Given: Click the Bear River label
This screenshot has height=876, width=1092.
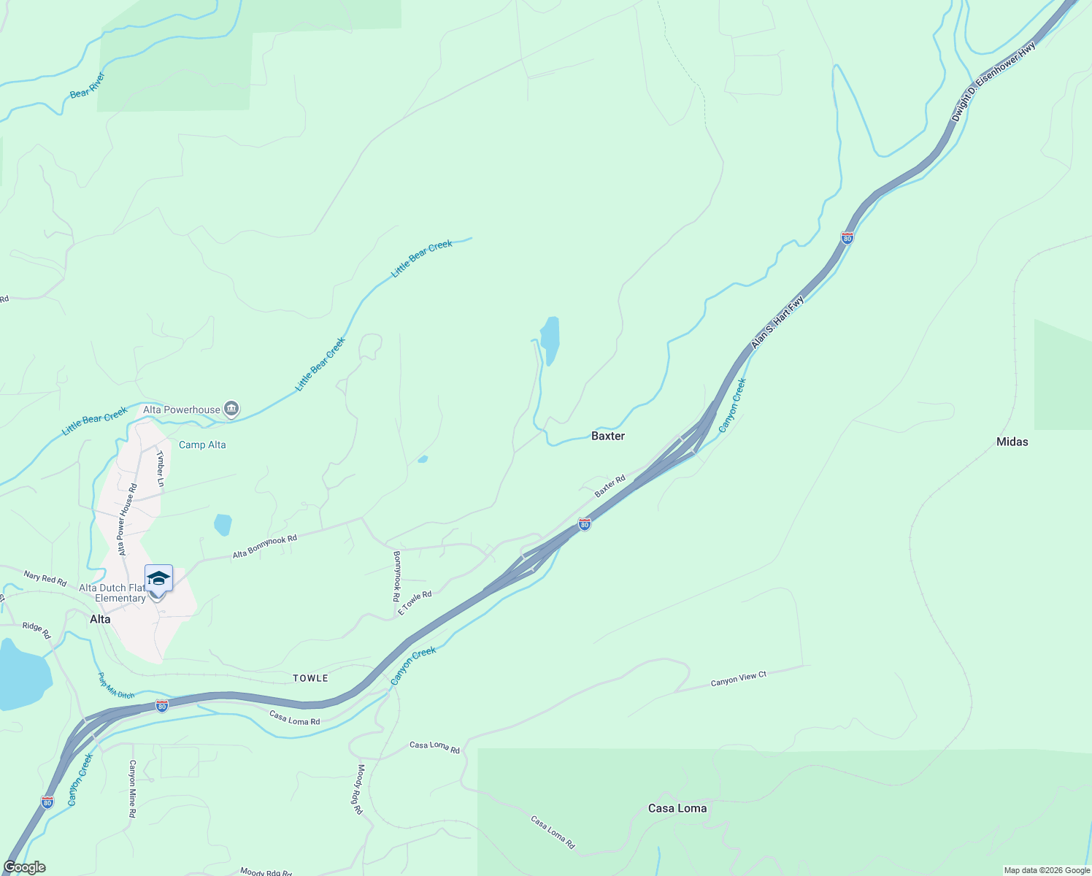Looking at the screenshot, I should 88,85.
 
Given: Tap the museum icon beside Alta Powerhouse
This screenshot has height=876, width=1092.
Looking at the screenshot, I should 231,409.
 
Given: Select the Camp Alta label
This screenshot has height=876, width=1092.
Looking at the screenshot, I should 202,445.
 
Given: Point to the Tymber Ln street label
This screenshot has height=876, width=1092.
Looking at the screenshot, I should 160,469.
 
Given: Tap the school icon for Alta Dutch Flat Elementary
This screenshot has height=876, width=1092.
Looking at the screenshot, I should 158,579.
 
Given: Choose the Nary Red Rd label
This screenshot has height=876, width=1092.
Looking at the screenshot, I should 45,579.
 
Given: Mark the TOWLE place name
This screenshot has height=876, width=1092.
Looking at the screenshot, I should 310,678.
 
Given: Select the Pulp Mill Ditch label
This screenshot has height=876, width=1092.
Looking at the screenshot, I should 116,685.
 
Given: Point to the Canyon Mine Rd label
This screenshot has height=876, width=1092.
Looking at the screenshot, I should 132,788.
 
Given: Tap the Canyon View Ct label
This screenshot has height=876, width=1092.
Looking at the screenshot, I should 738,679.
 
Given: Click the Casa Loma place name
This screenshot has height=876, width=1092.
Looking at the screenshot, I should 677,808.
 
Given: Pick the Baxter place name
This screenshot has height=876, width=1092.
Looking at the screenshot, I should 607,436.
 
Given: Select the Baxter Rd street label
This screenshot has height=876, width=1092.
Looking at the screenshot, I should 610,486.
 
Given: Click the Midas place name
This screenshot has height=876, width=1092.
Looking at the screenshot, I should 1012,442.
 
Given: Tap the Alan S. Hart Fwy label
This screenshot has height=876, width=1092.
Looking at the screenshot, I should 777,321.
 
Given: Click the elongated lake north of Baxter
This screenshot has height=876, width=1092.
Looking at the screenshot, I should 550,340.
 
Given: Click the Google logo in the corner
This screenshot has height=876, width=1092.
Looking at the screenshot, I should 24,867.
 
